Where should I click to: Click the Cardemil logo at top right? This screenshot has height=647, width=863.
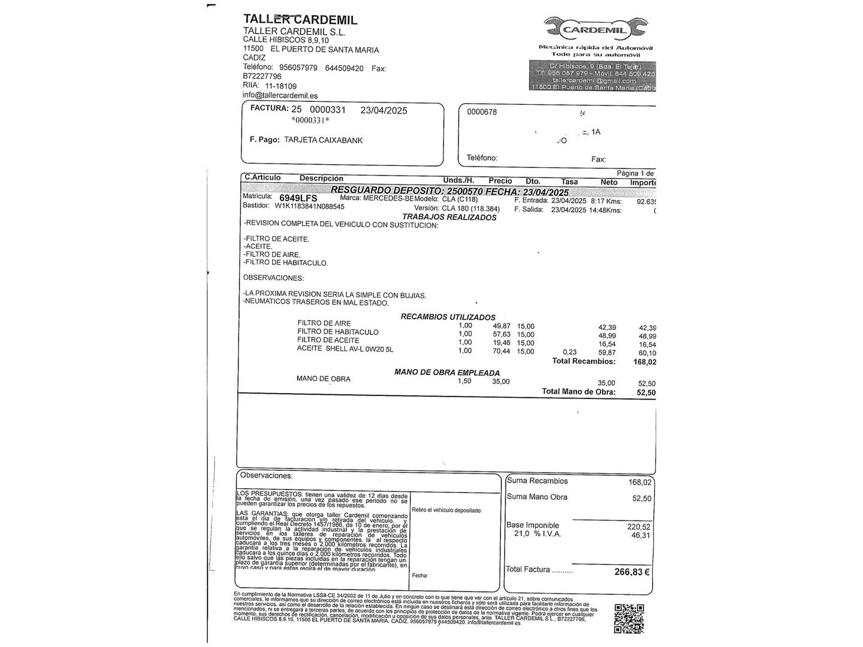click(x=595, y=29)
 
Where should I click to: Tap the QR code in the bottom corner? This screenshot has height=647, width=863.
click(x=629, y=618)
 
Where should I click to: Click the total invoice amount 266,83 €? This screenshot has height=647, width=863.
click(x=632, y=572)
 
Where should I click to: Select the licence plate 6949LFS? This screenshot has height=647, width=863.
click(x=298, y=198)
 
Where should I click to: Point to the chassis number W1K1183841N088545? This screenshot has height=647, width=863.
click(x=309, y=207)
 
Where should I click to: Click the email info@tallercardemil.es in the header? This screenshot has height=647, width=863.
click(x=280, y=95)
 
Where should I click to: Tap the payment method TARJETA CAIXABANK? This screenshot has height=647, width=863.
click(x=323, y=140)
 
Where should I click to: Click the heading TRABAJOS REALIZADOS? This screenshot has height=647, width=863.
click(x=449, y=217)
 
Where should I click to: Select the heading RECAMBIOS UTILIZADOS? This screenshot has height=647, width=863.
click(x=448, y=317)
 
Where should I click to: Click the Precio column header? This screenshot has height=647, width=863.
click(x=500, y=181)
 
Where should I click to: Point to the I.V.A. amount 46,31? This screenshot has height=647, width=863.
click(x=641, y=536)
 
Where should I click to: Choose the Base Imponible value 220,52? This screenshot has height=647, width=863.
click(x=639, y=527)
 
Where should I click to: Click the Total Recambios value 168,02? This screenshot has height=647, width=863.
click(x=644, y=362)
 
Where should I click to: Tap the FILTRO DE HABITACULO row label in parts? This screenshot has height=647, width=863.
click(x=337, y=332)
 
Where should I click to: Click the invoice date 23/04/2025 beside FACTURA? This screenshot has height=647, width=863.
click(x=384, y=110)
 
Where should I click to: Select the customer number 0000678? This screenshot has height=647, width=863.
click(x=482, y=112)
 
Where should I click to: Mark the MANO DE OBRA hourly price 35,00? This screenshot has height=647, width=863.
click(x=500, y=382)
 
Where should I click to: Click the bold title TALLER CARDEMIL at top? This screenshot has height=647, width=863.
click(x=300, y=19)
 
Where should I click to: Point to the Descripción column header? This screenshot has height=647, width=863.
click(x=321, y=179)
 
